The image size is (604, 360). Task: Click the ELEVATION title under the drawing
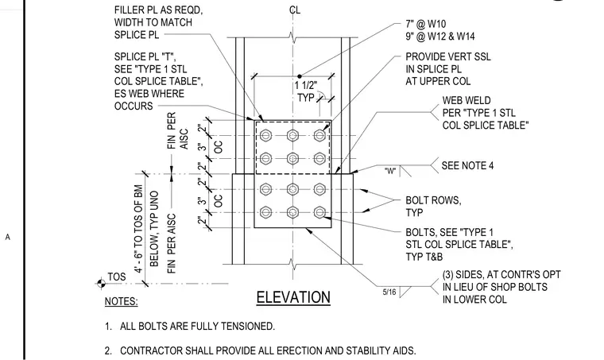293,298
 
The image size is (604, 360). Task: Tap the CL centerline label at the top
295,10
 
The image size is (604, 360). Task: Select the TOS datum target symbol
101,284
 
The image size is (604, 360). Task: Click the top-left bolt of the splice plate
265,136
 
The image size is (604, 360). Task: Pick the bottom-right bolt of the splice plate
319,212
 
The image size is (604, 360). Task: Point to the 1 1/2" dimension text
306,86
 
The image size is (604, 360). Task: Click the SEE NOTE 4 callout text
467,165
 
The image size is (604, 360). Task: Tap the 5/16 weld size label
389,292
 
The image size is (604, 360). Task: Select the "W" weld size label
390,171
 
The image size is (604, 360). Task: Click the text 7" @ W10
426,24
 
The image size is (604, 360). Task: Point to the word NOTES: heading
121,301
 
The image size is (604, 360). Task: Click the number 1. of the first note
108,327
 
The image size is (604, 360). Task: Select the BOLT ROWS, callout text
433,200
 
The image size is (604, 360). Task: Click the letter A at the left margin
7,237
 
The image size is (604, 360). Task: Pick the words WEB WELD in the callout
467,100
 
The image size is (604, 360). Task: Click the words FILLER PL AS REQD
158,10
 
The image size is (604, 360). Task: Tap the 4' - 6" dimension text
138,258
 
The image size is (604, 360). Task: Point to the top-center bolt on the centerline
292,136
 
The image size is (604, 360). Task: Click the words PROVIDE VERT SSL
448,57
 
